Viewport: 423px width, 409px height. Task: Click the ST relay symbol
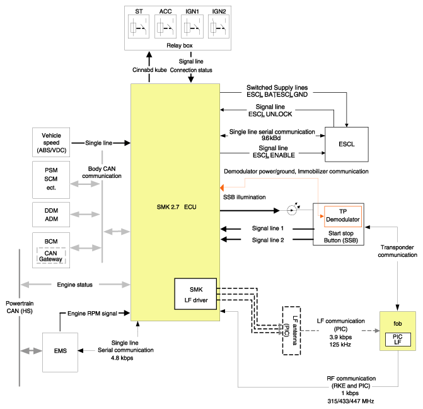(139, 27)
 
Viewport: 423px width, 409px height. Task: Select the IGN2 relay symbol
(219, 27)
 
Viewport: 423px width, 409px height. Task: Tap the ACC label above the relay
(165, 11)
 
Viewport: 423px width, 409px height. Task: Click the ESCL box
(347, 145)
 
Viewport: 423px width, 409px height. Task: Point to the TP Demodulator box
(343, 216)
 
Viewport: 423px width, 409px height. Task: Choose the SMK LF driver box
(195, 294)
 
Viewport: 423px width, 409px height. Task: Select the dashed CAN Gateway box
(51, 256)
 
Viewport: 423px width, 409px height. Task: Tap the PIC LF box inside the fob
(398, 340)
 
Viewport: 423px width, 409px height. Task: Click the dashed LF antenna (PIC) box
(291, 330)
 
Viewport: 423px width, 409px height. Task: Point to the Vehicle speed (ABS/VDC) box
(51, 143)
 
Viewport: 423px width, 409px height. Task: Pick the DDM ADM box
(51, 215)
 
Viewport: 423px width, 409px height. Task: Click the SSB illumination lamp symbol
(292, 210)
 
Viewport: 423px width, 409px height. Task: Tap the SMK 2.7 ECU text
(177, 207)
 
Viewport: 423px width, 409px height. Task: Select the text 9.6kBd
(271, 138)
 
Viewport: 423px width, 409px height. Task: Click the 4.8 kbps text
(122, 358)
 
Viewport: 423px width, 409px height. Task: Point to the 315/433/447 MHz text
(351, 401)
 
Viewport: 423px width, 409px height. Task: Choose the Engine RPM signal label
(92, 313)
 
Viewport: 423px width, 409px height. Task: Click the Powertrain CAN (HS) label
(20, 307)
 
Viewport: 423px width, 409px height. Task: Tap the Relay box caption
(180, 45)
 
